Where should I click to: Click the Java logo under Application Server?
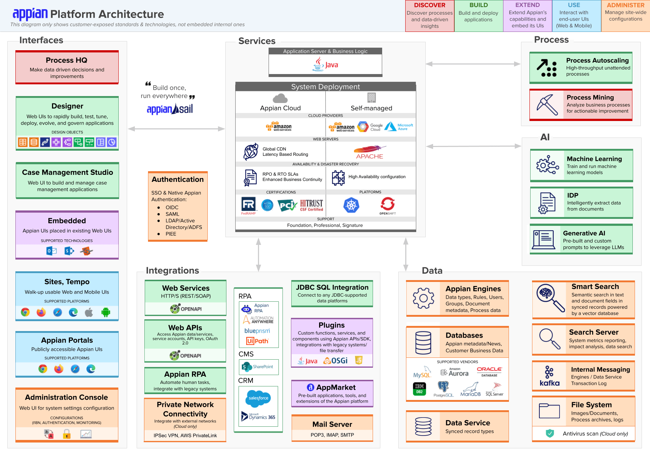[325, 64]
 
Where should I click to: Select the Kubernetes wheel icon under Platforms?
[351, 205]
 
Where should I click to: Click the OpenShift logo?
[387, 206]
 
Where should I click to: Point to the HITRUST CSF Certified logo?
[311, 205]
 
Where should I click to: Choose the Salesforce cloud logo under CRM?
[258, 398]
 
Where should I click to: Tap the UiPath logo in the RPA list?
[258, 341]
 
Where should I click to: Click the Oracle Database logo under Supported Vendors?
[489, 371]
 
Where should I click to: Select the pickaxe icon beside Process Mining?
[547, 105]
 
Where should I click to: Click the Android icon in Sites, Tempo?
[106, 312]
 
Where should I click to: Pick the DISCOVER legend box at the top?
[429, 16]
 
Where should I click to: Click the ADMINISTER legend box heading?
[625, 5]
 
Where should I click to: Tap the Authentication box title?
[178, 179]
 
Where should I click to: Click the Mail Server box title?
[332, 424]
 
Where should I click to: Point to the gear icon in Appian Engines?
[423, 298]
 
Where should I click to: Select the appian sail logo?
[170, 109]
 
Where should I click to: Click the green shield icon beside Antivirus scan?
[550, 433]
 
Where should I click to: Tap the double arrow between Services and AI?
[473, 146]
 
